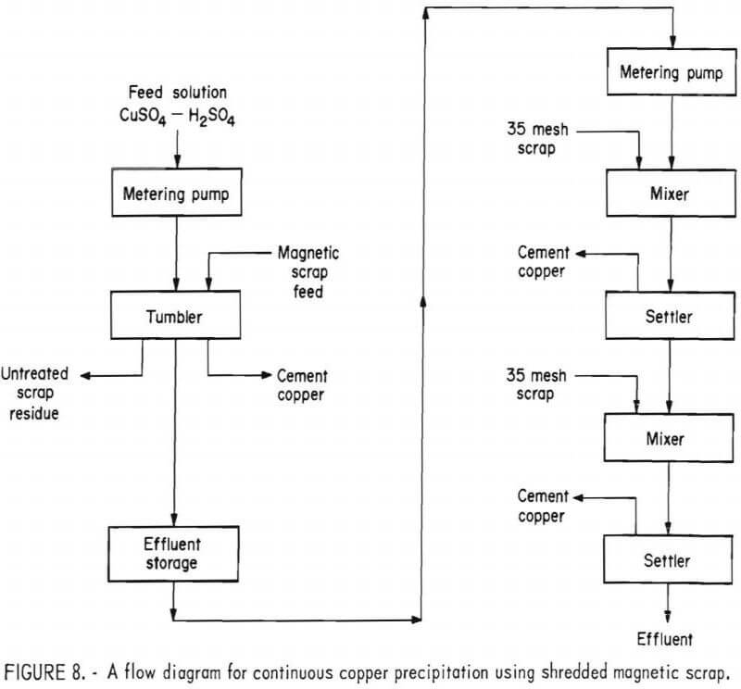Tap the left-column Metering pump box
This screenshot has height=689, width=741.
point(175,196)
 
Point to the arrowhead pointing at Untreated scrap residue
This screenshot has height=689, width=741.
point(82,375)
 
